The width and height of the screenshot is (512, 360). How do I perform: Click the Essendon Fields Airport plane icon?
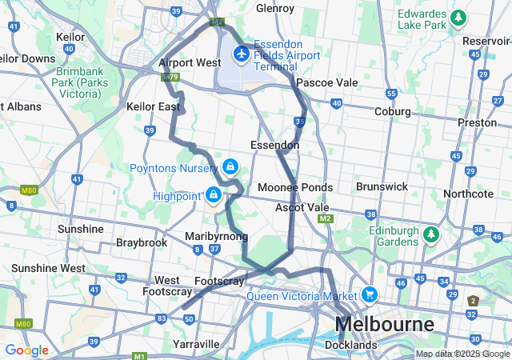pyautogui.click(x=240, y=53)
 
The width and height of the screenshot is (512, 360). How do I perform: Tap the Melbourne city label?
pyautogui.click(x=385, y=325)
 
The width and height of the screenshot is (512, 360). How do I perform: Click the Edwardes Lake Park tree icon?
pyautogui.click(x=458, y=17)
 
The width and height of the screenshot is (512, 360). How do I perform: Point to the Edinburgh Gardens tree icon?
pyautogui.click(x=431, y=234)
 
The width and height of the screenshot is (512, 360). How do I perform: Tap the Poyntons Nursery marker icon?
pyautogui.click(x=230, y=166)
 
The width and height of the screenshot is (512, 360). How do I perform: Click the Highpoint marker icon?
pyautogui.click(x=213, y=194)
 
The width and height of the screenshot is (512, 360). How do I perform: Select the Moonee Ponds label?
pyautogui.click(x=294, y=187)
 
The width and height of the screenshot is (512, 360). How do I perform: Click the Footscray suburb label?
pyautogui.click(x=219, y=282)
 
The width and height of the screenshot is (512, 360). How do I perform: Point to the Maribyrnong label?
pyautogui.click(x=216, y=237)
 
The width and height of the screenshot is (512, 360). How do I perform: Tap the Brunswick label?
pyautogui.click(x=382, y=186)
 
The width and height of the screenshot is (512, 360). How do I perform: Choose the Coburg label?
pyautogui.click(x=392, y=111)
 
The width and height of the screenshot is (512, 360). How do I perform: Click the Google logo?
pyautogui.click(x=26, y=350)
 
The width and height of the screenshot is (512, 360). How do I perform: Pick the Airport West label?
pyautogui.click(x=190, y=62)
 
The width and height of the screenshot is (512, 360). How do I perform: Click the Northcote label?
pyautogui.click(x=468, y=194)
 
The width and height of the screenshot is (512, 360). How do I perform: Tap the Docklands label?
pyautogui.click(x=350, y=346)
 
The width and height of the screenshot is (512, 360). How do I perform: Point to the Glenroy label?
pyautogui.click(x=274, y=8)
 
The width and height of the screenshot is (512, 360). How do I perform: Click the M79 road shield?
pyautogui.click(x=169, y=78)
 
